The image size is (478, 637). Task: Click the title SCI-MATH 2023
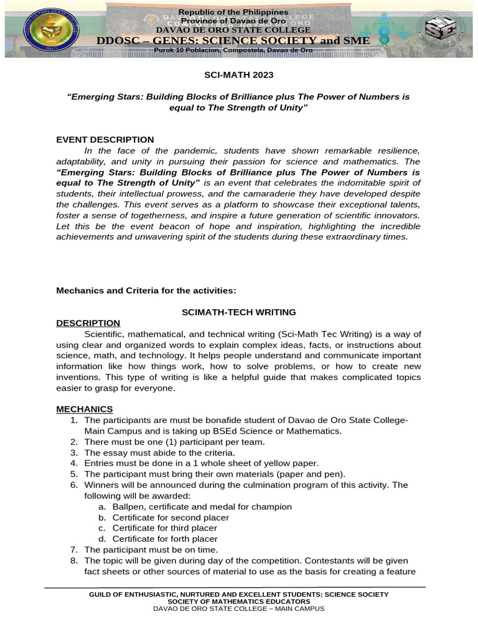tap(239, 75)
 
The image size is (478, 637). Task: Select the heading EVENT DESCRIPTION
tap(105, 139)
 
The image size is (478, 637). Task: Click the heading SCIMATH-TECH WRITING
tap(238, 312)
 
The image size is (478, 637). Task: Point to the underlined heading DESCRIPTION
tap(88, 323)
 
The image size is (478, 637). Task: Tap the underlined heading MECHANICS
tap(85, 409)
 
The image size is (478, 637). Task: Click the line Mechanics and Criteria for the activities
tap(146, 290)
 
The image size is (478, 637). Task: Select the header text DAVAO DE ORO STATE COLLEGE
tap(233, 29)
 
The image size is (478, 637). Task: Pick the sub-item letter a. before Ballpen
tap(101, 506)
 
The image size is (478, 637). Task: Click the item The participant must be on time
tap(151, 550)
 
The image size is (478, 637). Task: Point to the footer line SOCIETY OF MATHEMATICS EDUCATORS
tap(239, 602)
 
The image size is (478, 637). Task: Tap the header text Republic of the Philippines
tap(233, 12)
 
